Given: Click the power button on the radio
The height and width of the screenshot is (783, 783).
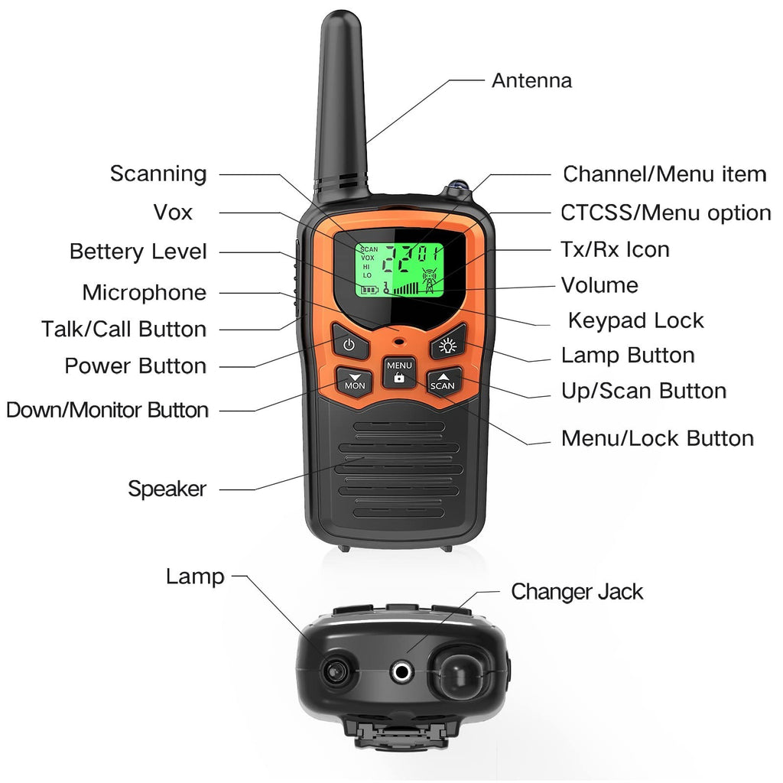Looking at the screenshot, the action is coord(349,343).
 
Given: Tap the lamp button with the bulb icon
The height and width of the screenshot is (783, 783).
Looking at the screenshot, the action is coord(447,343).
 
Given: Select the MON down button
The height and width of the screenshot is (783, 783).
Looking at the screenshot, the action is coord(354,381).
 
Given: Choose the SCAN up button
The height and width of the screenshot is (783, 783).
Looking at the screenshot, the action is coord(443,381).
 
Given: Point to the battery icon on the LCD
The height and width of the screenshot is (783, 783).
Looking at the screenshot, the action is coord(370,290).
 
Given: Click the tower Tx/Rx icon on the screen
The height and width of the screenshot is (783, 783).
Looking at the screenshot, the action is coord(430,281).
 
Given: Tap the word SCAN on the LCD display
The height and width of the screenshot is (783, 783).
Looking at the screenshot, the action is coord(369,249).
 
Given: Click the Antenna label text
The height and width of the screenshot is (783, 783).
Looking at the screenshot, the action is coord(532,80).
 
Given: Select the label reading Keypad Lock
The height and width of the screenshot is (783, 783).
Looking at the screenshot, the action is coord(635,320).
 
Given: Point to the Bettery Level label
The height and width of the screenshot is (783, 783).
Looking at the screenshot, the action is coord(138,251).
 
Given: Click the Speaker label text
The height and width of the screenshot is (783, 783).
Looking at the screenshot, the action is coord(167,489).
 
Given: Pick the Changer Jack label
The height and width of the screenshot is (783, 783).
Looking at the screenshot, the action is coord(577,592).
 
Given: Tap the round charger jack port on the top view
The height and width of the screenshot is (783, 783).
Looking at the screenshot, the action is coord(401,671).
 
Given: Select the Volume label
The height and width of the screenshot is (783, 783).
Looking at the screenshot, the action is coord(599,285).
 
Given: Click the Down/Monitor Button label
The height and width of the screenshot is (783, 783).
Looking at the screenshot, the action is coord(107,410).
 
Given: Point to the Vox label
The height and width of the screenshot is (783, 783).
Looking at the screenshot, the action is coord(173,213).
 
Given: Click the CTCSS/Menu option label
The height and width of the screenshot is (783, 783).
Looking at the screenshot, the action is coord(666,213).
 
